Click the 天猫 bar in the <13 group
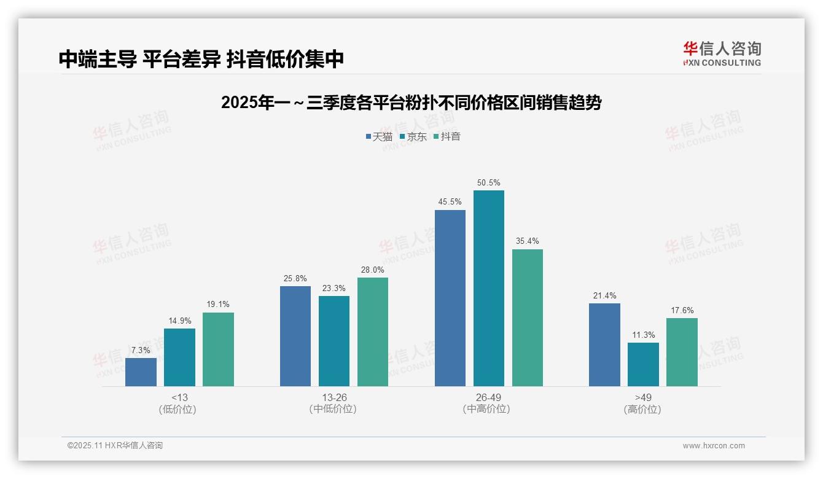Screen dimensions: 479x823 [x=141, y=372]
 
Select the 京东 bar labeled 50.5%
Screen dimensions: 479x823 [x=488, y=288]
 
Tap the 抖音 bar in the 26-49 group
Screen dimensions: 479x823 [x=527, y=317]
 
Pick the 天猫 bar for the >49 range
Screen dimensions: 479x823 [x=604, y=345]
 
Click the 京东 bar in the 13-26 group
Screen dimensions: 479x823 [x=333, y=341]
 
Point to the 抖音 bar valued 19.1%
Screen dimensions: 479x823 [x=218, y=349]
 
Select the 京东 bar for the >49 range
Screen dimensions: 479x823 [x=643, y=364]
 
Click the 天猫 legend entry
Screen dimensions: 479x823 [x=379, y=136]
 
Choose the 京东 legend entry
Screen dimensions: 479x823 [x=413, y=136]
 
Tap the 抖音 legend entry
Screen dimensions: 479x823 [x=447, y=136]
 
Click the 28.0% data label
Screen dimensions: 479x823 [x=373, y=270]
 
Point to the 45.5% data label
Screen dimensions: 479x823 [x=450, y=202]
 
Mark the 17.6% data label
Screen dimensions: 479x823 [x=682, y=310]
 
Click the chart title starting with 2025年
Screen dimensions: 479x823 [x=411, y=103]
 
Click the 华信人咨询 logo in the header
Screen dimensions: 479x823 [x=722, y=53]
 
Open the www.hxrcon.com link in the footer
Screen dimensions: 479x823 [x=714, y=446]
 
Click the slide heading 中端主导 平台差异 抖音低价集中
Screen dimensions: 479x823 [x=201, y=59]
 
